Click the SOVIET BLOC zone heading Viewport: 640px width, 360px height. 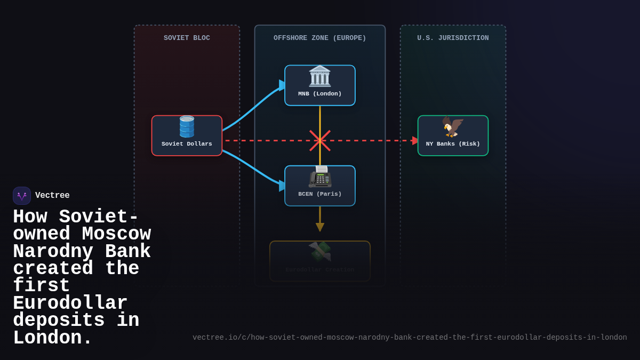coord(187,38)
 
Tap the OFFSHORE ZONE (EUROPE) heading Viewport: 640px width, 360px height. coord(319,38)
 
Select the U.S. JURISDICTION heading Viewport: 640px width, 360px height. coord(453,38)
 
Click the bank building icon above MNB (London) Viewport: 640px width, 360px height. coord(319,76)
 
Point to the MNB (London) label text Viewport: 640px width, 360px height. coord(319,94)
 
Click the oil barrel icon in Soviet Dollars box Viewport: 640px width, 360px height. coord(187,127)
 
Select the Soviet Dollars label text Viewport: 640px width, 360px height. coord(187,144)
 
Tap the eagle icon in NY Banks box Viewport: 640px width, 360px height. coord(453,127)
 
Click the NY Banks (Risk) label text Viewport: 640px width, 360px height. coord(453,144)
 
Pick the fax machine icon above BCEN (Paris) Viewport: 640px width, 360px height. coord(319,177)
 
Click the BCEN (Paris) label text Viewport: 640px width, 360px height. coord(319,194)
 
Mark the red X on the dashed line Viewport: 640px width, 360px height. coord(320,141)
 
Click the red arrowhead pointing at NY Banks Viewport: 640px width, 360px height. coord(415,141)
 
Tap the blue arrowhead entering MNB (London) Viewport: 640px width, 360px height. coord(282,85)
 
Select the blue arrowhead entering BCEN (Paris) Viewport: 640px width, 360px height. coord(282,186)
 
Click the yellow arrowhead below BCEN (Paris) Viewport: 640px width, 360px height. coord(320,227)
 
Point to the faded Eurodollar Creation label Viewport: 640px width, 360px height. coord(319,270)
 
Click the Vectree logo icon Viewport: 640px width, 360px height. coord(22,196)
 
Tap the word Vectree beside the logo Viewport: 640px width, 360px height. coord(52,196)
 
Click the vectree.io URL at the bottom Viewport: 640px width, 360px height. coord(410,338)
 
